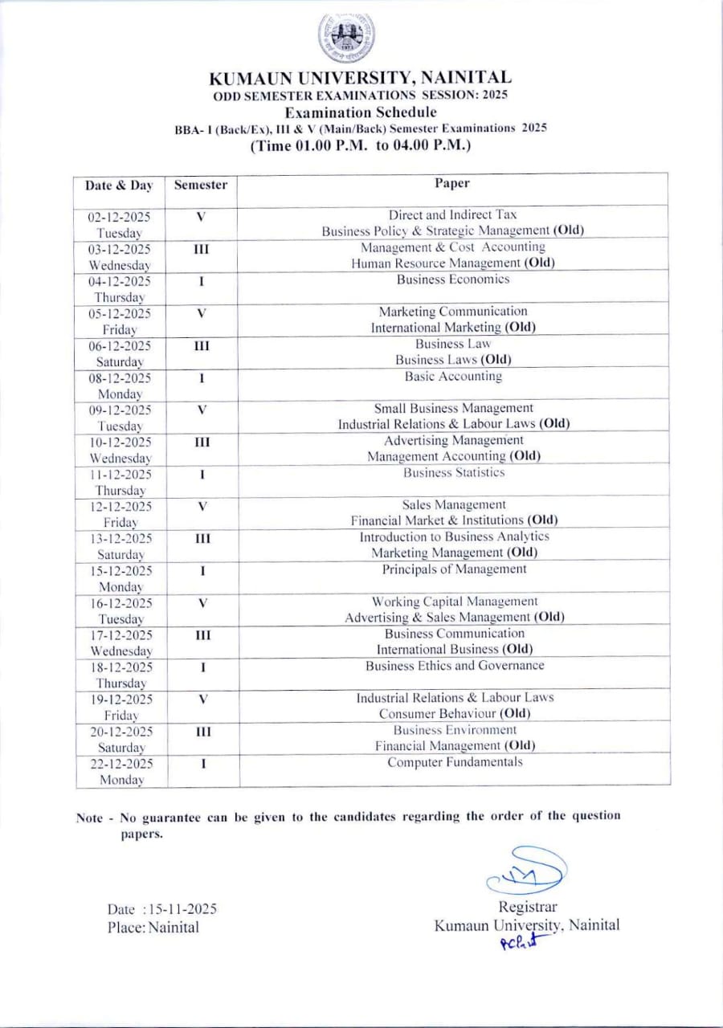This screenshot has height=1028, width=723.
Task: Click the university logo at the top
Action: click(x=345, y=38)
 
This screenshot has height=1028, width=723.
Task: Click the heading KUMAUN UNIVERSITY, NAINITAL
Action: click(x=360, y=78)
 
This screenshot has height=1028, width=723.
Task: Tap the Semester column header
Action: click(x=201, y=185)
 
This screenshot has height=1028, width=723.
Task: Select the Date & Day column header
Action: click(x=119, y=186)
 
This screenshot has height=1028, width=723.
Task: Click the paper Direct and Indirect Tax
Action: click(x=453, y=215)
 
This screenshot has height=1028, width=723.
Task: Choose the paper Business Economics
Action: click(x=453, y=279)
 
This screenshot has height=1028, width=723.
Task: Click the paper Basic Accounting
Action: click(x=453, y=376)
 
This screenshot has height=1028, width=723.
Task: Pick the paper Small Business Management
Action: click(x=453, y=408)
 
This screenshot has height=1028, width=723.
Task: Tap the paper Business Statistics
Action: click(x=454, y=472)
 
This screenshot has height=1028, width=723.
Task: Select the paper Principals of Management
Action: click(x=454, y=569)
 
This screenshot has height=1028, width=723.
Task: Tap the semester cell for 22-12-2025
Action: click(x=202, y=764)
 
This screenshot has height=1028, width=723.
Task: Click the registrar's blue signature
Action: click(x=526, y=869)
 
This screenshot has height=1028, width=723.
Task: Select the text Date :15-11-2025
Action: click(x=162, y=909)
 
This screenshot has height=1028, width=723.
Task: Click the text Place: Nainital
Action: click(x=153, y=928)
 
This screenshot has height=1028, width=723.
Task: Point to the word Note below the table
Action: click(x=89, y=818)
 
